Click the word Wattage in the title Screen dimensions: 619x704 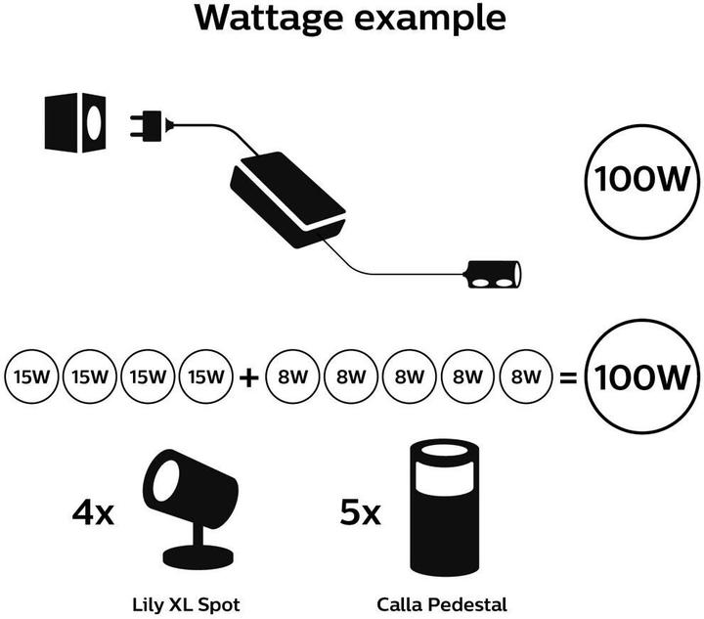277,19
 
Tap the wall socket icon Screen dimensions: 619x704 75,124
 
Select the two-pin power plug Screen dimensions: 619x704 150,125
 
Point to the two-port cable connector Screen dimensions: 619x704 495,274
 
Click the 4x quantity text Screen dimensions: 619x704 93,510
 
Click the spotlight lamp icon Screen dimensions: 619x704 192,508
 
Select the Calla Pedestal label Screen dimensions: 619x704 448,604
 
